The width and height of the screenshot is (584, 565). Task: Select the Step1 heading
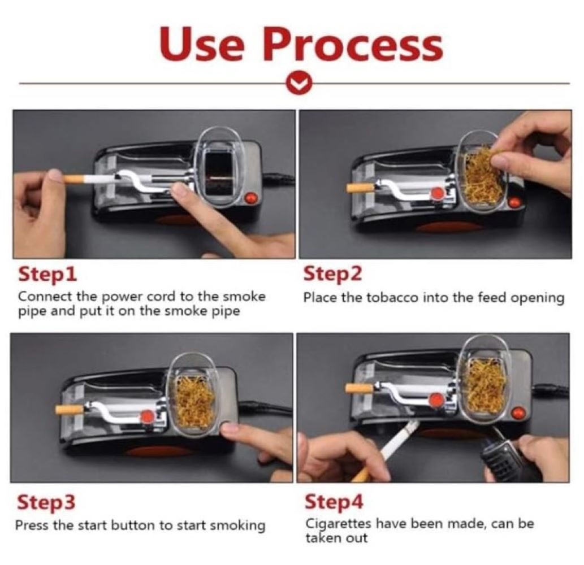pos(47,275)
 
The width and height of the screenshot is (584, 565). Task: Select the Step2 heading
pos(332,274)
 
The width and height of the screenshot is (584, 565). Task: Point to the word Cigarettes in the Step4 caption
pos(338,523)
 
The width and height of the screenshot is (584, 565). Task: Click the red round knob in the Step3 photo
pos(148,416)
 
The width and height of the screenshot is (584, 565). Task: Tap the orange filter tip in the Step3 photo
pos(70,410)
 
